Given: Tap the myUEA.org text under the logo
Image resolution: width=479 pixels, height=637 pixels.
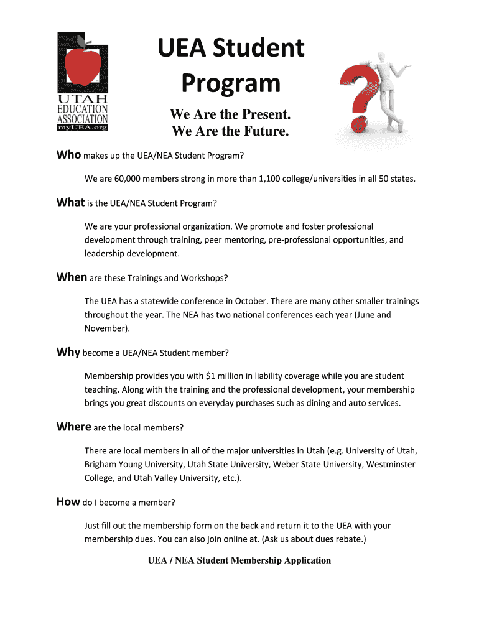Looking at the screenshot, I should (83, 128).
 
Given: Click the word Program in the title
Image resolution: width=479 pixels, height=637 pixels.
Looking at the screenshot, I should (230, 83).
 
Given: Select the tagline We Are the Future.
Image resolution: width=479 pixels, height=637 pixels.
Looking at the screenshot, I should (230, 131).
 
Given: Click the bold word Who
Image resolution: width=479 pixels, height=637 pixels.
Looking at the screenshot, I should (68, 154).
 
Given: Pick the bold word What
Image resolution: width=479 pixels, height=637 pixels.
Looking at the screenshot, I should (70, 203).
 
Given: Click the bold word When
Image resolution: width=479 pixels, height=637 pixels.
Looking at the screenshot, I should (72, 277).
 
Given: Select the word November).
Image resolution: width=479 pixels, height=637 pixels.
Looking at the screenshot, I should (108, 327).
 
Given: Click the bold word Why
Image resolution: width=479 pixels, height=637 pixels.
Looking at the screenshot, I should (68, 352).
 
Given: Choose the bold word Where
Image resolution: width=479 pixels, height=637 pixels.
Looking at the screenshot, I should (73, 427).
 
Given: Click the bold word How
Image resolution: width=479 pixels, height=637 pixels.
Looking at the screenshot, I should (68, 501).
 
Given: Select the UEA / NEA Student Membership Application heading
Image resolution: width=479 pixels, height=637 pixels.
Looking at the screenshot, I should (239, 560).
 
